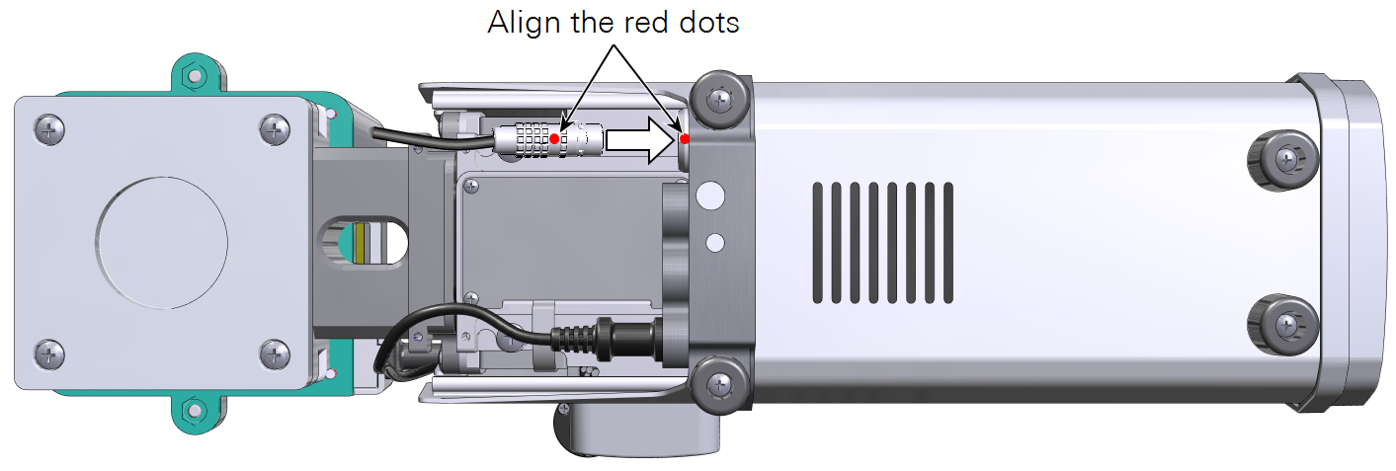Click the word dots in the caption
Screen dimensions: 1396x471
tap(709, 23)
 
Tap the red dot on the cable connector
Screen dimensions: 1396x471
tap(554, 139)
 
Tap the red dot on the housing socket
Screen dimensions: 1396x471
tap(685, 139)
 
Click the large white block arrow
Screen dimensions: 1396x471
tap(640, 140)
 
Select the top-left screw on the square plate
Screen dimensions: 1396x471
tap(49, 130)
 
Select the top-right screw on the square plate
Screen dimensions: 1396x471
tap(275, 130)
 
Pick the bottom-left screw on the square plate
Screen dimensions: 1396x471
tap(49, 355)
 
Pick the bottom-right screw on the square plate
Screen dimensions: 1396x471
tap(275, 355)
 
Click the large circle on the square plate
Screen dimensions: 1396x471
tap(162, 243)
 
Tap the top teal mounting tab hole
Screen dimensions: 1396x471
tap(195, 77)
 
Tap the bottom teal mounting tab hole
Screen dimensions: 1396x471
tap(195, 411)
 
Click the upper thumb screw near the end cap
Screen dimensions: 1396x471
tap(1284, 160)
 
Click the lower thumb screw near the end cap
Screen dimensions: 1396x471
tap(1284, 325)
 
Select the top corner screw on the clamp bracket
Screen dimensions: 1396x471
tap(720, 99)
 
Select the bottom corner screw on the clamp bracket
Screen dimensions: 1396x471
tap(720, 384)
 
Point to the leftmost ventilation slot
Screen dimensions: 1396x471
tap(818, 243)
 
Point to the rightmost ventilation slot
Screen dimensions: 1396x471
tap(948, 243)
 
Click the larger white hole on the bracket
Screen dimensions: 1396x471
tap(710, 196)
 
